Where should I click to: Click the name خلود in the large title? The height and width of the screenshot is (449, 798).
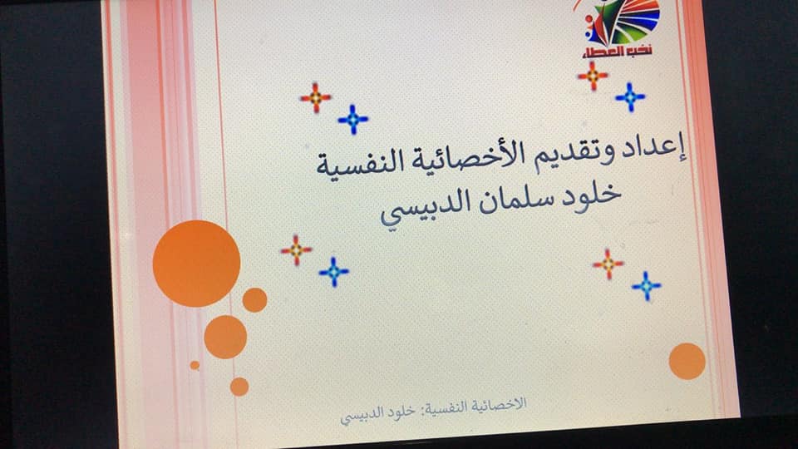click(591, 194)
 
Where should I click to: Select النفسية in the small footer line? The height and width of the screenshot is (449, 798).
click(448, 408)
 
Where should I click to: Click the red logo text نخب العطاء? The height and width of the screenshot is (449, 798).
click(617, 52)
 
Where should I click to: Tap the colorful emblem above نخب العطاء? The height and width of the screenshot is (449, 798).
click(622, 22)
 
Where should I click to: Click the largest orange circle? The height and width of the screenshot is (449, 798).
click(196, 264)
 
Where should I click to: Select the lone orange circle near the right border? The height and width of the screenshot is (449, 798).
click(687, 362)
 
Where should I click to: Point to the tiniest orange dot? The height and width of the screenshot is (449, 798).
click(195, 365)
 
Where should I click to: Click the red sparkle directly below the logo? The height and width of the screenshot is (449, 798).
click(593, 76)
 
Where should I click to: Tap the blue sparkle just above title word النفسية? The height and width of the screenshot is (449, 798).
click(353, 120)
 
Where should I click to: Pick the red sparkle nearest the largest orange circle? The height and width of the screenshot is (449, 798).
click(296, 250)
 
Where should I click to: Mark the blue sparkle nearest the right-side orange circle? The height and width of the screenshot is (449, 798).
click(647, 285)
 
